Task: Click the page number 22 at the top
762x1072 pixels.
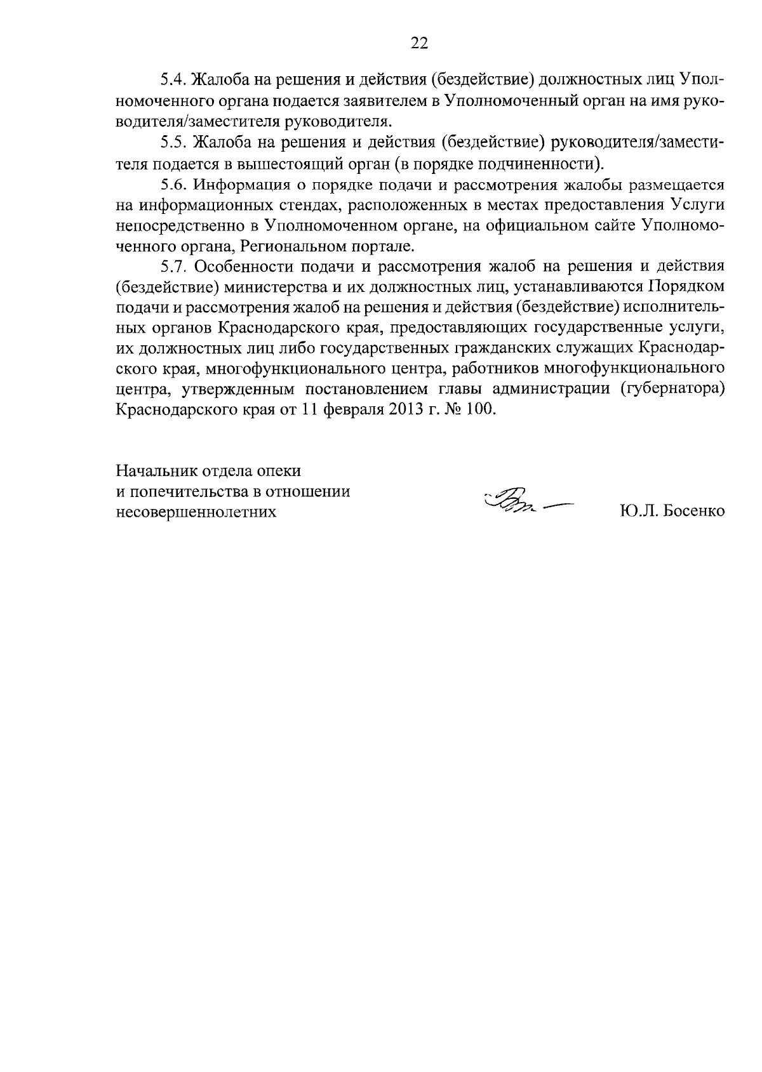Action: point(419,43)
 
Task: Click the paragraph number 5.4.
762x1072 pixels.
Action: point(172,81)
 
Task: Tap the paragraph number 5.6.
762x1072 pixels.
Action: point(172,185)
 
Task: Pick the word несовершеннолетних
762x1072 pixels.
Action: point(197,512)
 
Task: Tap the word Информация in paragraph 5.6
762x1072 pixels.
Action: point(234,185)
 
